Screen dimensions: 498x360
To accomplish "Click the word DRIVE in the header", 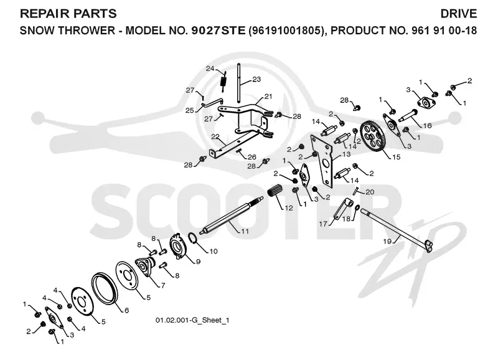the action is [458, 14].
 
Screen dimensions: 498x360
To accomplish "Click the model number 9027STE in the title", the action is [218, 31].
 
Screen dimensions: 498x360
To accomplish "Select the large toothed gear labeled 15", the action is [373, 136].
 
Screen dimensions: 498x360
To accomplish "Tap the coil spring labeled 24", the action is [224, 82].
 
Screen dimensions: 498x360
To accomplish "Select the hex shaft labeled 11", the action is [232, 216].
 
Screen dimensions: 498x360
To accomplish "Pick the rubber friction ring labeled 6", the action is [105, 288].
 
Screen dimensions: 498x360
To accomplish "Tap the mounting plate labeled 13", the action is [321, 160].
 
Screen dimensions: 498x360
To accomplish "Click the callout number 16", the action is [427, 126].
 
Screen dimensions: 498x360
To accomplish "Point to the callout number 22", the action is [215, 136].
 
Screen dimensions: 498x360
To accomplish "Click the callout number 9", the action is [198, 262].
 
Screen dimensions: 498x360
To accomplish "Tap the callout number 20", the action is [370, 192].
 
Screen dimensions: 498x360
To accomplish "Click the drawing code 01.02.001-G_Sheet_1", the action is [192, 320].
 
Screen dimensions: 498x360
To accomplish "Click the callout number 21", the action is [268, 97].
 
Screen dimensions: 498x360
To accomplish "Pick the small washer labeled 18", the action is [357, 207].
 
